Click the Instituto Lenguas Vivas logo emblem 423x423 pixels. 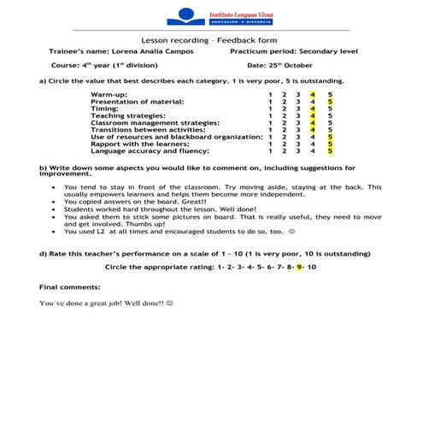(187, 15)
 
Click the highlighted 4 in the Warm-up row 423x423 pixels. (314, 94)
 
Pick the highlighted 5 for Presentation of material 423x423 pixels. (330, 102)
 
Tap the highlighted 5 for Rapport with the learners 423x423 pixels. (330, 144)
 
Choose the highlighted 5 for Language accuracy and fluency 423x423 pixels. (330, 151)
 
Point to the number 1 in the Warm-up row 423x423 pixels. (270, 94)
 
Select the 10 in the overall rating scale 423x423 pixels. (313, 267)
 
